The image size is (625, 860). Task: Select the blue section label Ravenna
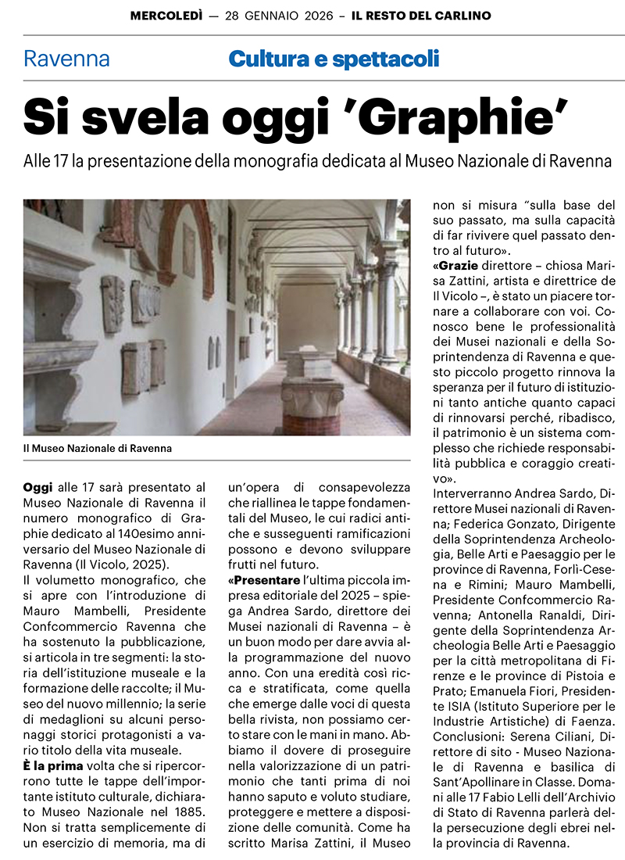click(x=66, y=59)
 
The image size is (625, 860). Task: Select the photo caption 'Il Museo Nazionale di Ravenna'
click(x=98, y=448)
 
